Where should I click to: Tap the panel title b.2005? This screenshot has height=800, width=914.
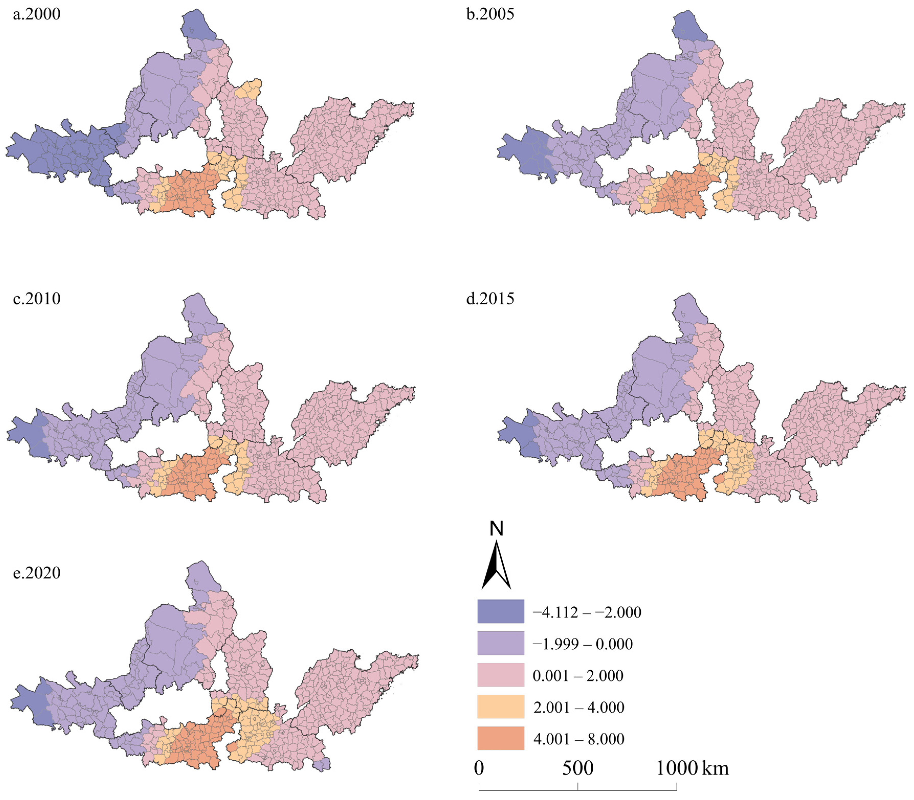[490, 14]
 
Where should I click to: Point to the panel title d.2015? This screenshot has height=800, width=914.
[490, 298]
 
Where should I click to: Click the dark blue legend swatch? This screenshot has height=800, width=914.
[500, 611]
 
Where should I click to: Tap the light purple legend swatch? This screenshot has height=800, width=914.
[500, 643]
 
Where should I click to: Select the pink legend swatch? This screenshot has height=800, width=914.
[500, 674]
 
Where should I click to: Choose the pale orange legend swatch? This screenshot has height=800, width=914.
[500, 706]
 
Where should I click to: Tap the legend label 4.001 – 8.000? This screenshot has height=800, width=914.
[579, 739]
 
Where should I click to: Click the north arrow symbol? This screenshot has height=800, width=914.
[497, 565]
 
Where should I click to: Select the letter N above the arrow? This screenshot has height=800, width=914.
[497, 529]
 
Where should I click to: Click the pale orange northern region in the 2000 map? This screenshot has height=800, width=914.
[249, 89]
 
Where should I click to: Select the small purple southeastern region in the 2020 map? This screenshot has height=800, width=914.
[321, 764]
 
